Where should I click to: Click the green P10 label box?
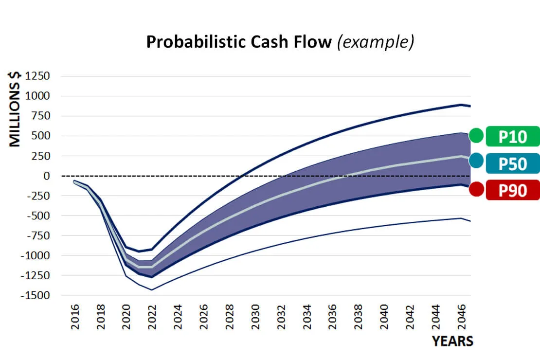513,136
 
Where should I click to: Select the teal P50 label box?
513,163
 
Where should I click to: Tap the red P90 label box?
513,190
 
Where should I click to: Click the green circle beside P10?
477,135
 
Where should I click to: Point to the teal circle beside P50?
477,161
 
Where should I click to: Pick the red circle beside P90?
477,189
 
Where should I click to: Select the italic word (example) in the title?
376,42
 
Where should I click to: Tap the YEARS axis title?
452,341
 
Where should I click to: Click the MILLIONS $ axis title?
15,109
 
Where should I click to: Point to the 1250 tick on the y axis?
37,76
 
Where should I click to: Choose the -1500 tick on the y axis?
35,295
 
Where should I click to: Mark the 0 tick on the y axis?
47,176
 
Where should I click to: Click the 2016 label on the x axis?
75,317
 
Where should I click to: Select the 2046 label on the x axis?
461,317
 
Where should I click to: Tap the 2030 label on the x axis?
255,317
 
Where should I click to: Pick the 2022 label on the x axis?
152,317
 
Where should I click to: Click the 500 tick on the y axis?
41,136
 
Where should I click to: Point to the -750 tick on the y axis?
38,235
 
